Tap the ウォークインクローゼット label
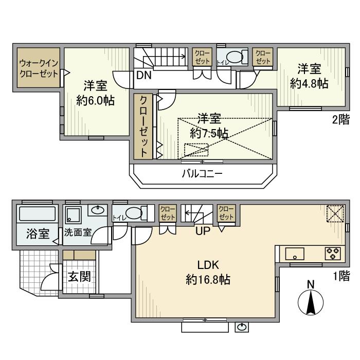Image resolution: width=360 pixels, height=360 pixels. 39,68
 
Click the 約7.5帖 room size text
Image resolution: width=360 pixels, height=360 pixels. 209,133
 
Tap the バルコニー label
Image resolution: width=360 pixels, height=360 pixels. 202,174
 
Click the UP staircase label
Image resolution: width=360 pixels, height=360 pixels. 202,231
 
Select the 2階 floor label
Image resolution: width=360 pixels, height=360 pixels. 340,120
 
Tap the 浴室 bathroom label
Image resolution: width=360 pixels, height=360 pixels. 38,233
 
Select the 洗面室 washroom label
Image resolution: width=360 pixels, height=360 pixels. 78,232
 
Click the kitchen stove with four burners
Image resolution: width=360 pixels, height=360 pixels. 332,253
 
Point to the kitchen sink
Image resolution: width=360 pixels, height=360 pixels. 295,253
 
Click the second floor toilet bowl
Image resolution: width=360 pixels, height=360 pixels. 236,58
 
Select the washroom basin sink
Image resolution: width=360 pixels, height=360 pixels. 97,210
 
